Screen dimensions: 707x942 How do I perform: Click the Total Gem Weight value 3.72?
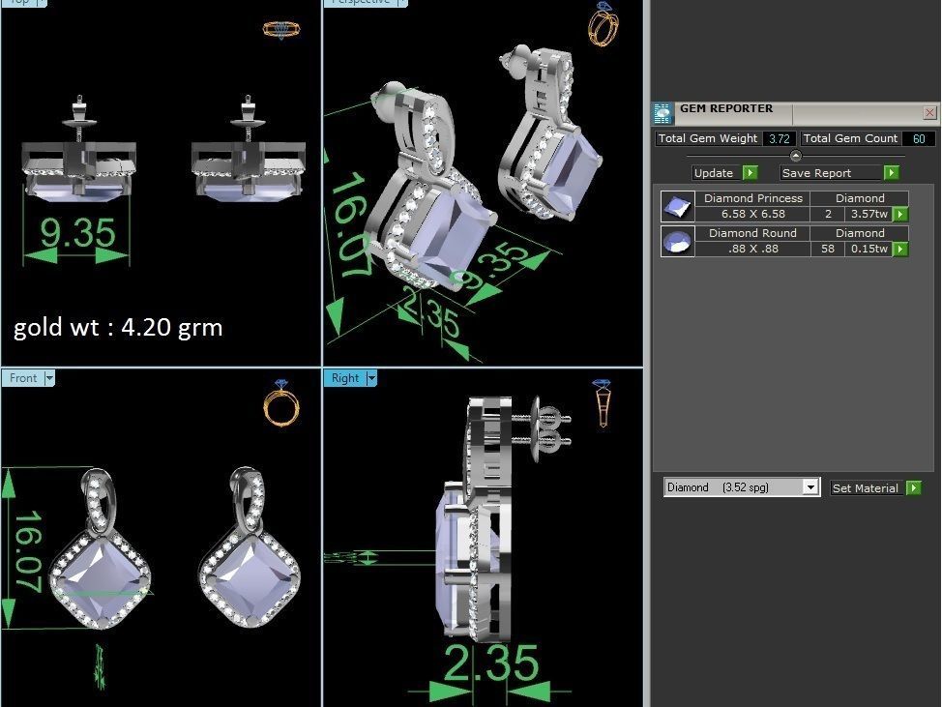pos(779,139)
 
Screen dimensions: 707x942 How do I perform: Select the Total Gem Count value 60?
pos(918,139)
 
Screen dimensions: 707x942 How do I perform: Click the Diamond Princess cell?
pos(752,198)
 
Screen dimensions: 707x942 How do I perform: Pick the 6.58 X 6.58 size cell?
pos(752,214)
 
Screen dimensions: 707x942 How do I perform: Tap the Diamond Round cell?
pos(752,233)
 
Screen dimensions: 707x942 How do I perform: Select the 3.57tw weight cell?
pos(868,214)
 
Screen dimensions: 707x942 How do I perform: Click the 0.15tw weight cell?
pos(868,249)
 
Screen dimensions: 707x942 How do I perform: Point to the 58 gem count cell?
pos(827,249)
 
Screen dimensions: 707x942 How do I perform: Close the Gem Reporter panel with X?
pos(929,113)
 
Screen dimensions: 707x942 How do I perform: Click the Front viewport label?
pos(23,378)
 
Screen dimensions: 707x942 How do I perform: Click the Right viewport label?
pos(344,378)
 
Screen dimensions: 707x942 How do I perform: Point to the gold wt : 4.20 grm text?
pos(118,328)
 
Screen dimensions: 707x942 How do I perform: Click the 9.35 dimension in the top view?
pos(76,233)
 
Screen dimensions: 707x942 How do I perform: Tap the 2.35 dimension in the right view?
pos(490,663)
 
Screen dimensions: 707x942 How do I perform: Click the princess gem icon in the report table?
pos(676,207)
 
